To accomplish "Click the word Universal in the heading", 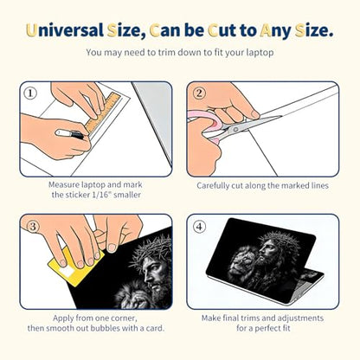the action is (x=65, y=30).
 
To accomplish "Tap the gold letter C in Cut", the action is (x=213, y=31).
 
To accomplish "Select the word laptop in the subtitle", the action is (x=260, y=53).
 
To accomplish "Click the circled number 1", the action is (x=30, y=93).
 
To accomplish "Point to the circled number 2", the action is (x=199, y=93).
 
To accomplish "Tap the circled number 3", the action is (x=33, y=227).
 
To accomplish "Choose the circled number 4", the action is (x=199, y=227).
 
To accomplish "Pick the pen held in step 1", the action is (x=70, y=134).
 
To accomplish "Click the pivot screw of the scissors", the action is (x=235, y=129).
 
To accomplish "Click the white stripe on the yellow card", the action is (x=67, y=272).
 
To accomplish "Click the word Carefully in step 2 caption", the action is (x=213, y=186).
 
